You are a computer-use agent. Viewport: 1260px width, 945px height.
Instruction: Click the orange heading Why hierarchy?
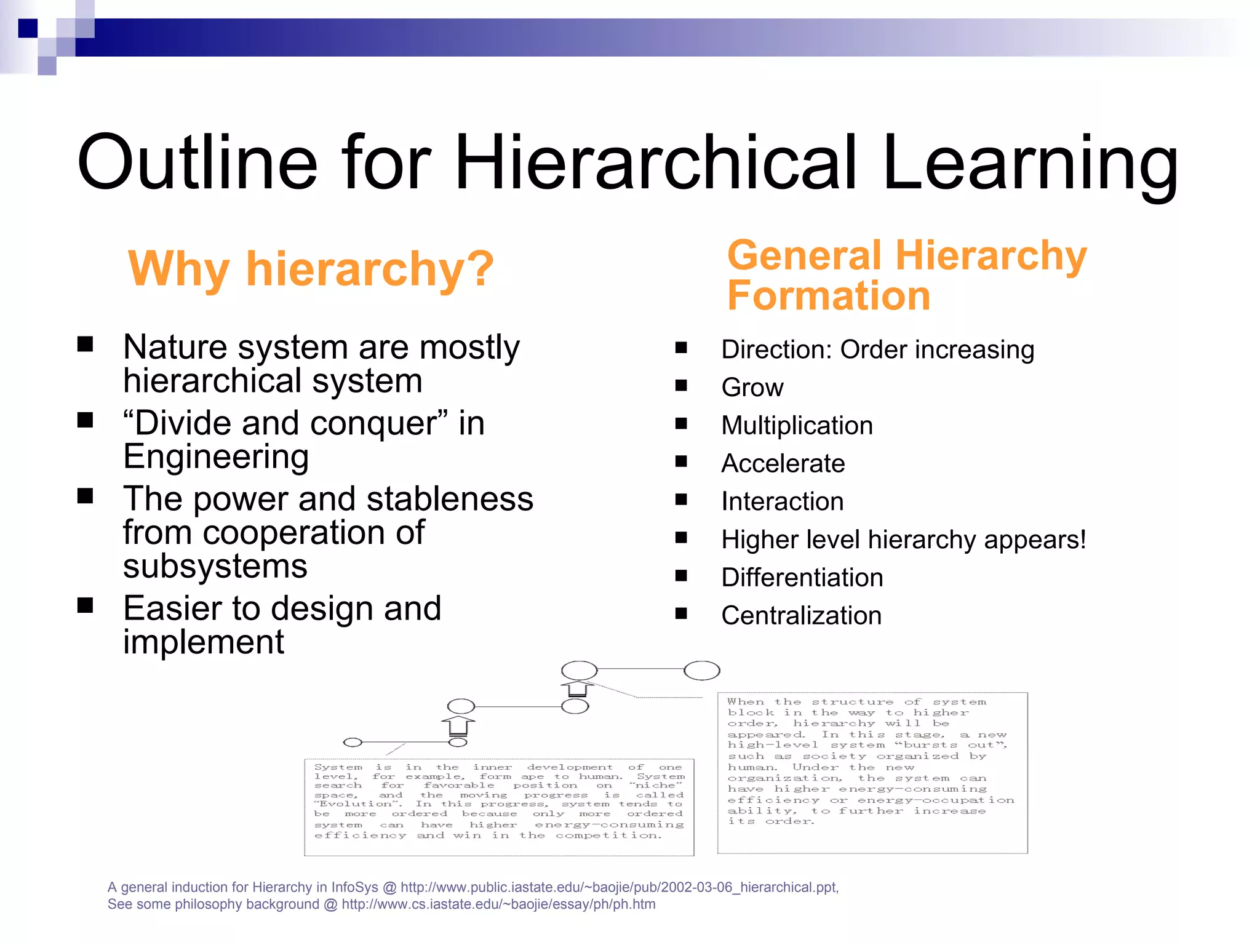point(311,269)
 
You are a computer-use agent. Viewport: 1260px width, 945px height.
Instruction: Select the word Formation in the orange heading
point(828,296)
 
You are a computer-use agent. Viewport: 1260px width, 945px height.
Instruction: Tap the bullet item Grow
point(752,388)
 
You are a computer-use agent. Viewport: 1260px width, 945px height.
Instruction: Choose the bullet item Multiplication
point(797,426)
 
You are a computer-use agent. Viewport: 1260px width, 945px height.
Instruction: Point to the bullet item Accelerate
point(783,463)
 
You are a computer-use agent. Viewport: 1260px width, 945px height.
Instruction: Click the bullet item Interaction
point(782,501)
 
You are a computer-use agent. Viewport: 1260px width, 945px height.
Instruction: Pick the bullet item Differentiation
point(802,578)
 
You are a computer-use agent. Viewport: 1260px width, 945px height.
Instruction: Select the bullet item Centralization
point(801,616)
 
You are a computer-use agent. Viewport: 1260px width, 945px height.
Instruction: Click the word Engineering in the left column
point(215,457)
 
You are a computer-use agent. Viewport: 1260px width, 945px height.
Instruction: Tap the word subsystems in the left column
point(215,566)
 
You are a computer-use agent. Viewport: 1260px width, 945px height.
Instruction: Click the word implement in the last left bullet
point(203,642)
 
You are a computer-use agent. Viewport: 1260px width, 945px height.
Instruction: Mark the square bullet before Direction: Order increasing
point(681,348)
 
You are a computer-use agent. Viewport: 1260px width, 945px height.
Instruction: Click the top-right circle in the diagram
point(701,670)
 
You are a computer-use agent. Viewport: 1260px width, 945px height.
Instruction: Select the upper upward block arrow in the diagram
point(577,688)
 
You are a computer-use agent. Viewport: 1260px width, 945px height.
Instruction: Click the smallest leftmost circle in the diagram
point(352,742)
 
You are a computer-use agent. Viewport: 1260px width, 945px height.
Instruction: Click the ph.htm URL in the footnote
point(498,904)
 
